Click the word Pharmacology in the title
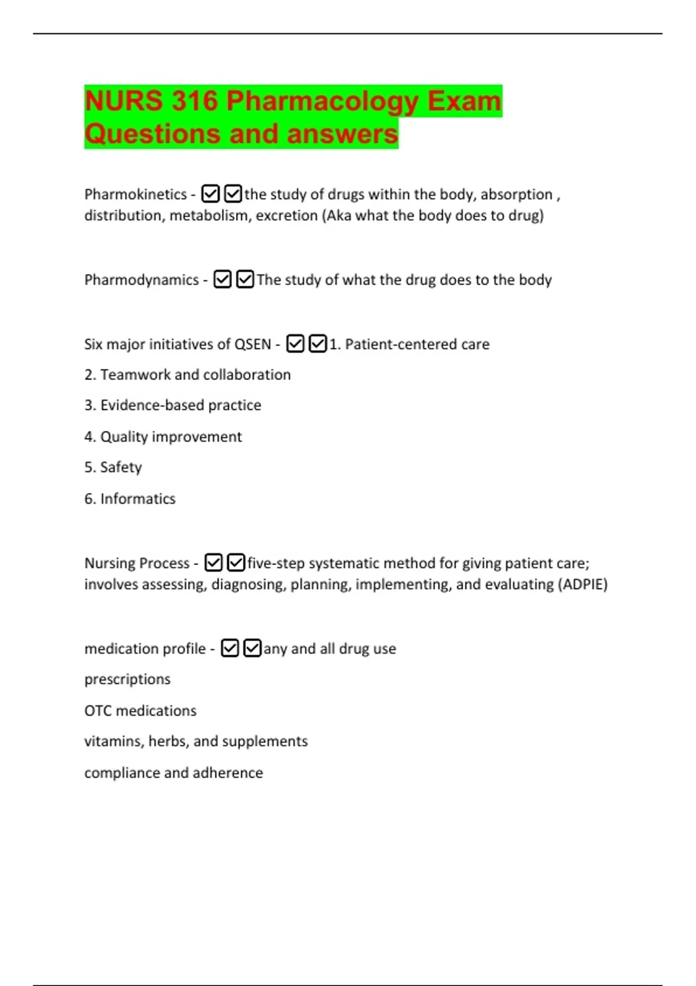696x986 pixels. coord(322,101)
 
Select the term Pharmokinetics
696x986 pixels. coord(135,194)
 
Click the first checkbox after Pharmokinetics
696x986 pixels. coord(210,194)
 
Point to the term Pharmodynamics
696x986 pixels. coord(142,280)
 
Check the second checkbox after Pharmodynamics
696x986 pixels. coord(245,280)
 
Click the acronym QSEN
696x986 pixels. coord(252,345)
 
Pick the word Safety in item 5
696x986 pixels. coord(121,467)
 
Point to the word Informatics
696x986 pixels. coord(137,499)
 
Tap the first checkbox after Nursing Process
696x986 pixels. coord(213,563)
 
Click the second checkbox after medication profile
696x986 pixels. coord(252,648)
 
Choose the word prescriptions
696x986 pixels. coord(128,679)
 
